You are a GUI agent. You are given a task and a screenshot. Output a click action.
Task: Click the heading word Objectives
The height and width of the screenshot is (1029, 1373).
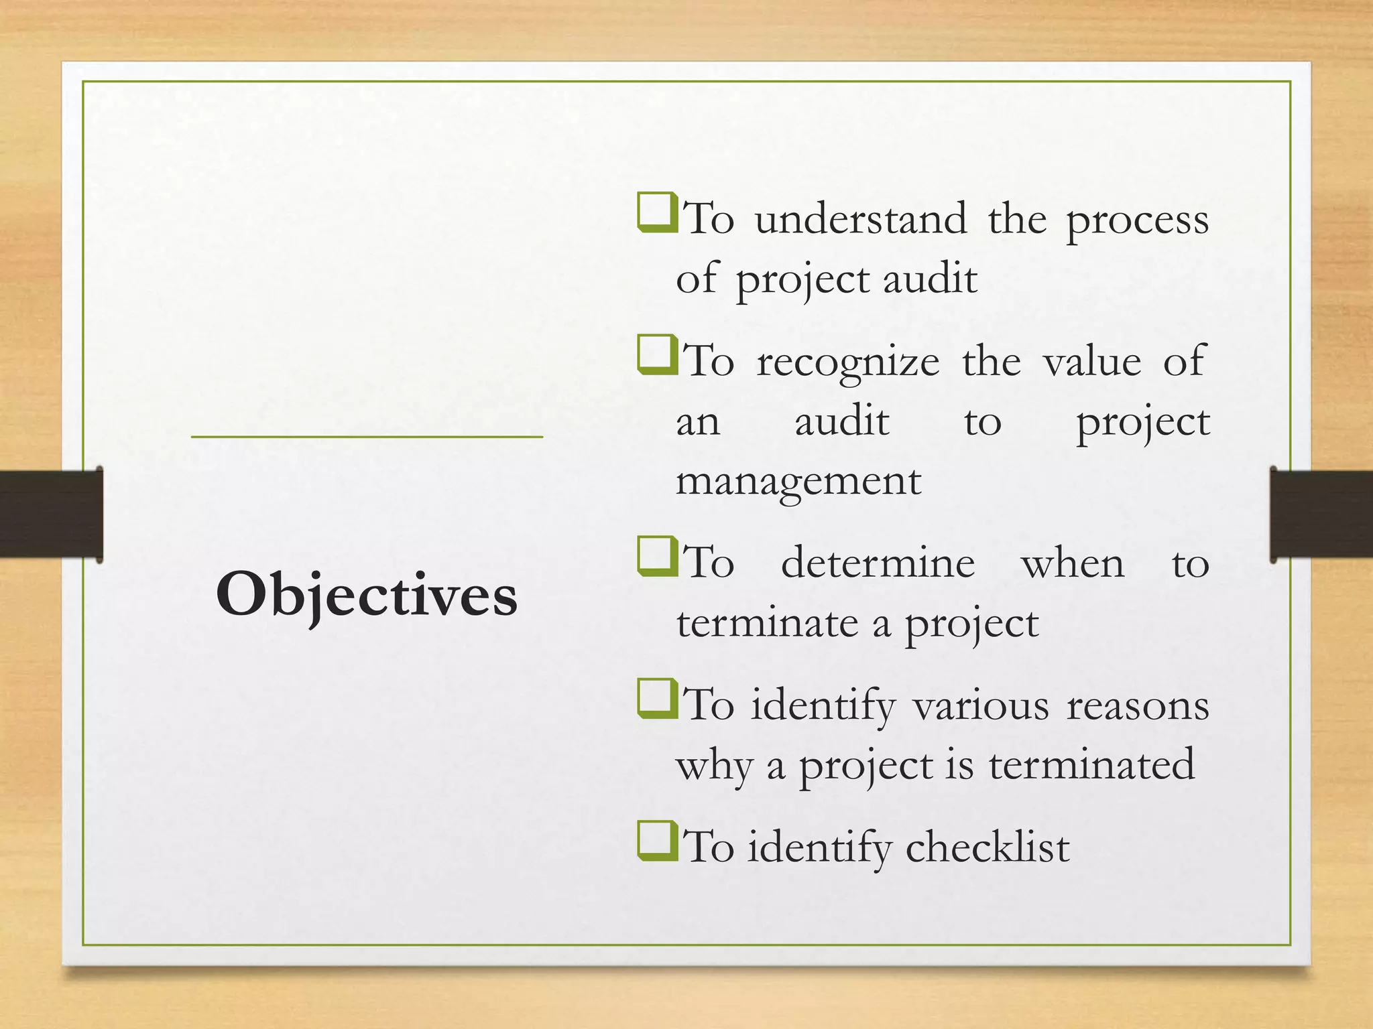point(366,595)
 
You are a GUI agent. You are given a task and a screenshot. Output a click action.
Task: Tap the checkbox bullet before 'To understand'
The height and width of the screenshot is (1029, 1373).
point(657,212)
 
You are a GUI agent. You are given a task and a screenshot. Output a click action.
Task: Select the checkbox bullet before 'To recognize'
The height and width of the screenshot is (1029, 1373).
point(657,355)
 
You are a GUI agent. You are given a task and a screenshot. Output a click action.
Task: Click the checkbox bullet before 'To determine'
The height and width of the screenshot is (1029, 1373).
point(657,556)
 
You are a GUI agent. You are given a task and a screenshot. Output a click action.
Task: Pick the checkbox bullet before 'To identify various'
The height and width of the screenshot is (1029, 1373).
point(657,699)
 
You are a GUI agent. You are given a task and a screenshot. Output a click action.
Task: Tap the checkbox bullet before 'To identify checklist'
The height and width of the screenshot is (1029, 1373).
point(657,841)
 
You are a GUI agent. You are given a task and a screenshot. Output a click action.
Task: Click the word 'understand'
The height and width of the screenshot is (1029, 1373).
point(861,219)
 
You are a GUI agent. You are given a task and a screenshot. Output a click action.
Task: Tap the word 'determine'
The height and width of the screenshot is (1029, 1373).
point(878,563)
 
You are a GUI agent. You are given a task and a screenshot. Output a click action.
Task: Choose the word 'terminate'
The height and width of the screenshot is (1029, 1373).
point(767,623)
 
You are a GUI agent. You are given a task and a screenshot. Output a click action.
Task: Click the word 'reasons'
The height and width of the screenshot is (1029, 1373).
point(1137,707)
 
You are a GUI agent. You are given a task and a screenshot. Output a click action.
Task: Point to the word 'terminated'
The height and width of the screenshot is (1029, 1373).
point(1091,765)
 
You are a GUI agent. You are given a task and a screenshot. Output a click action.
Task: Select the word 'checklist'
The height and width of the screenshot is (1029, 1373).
point(987,847)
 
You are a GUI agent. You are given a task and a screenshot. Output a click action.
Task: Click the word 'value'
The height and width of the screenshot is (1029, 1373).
point(1091,362)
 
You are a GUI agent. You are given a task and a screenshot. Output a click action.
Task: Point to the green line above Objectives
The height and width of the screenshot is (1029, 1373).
point(367,437)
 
